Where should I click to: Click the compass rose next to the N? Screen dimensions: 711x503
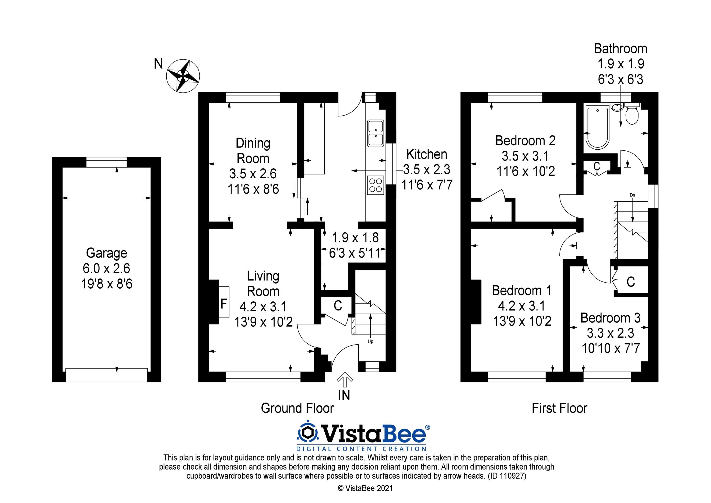click(x=183, y=76)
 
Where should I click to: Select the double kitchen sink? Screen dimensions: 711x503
click(x=375, y=133)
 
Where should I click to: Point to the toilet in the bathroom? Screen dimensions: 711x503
click(x=632, y=115)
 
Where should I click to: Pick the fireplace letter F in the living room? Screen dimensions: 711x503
click(x=223, y=304)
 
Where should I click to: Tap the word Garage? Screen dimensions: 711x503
click(x=106, y=253)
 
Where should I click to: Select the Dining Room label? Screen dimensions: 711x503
click(x=253, y=151)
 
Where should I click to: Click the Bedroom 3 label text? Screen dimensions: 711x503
click(x=610, y=318)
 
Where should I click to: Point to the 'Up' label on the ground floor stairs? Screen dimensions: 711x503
click(x=370, y=341)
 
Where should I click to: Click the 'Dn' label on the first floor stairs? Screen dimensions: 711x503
click(x=632, y=195)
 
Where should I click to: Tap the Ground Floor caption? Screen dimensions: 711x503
click(x=297, y=408)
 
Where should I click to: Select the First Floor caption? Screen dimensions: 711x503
click(x=559, y=408)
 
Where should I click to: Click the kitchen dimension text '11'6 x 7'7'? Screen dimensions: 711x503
click(x=427, y=185)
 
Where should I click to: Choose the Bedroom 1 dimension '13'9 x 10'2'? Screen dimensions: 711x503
click(x=522, y=321)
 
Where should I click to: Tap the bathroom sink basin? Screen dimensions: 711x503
click(x=617, y=107)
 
